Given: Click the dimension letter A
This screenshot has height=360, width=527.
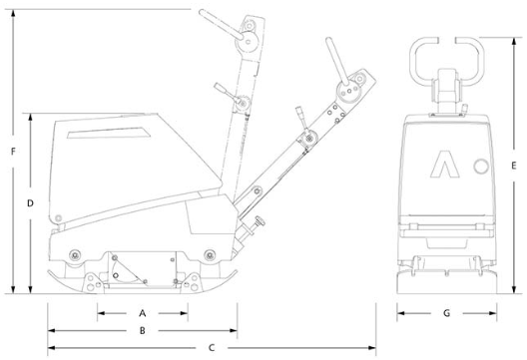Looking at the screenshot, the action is tap(143, 313).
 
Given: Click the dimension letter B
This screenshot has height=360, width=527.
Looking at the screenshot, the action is tap(143, 331).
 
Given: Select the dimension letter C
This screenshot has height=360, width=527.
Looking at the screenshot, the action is tap(212, 348).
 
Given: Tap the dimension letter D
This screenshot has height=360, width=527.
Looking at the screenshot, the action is tap(30, 203).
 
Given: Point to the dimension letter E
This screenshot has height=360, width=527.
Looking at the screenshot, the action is tap(514, 166).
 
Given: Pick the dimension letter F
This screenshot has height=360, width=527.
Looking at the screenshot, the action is tap(13, 152).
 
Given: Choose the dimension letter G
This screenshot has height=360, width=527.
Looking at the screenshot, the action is tap(447, 313).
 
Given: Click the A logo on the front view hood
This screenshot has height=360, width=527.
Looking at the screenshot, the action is tap(445, 164).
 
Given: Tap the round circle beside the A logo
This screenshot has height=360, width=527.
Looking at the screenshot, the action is tap(481, 167).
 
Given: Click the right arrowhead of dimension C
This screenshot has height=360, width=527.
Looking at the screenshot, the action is tap(372, 348).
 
